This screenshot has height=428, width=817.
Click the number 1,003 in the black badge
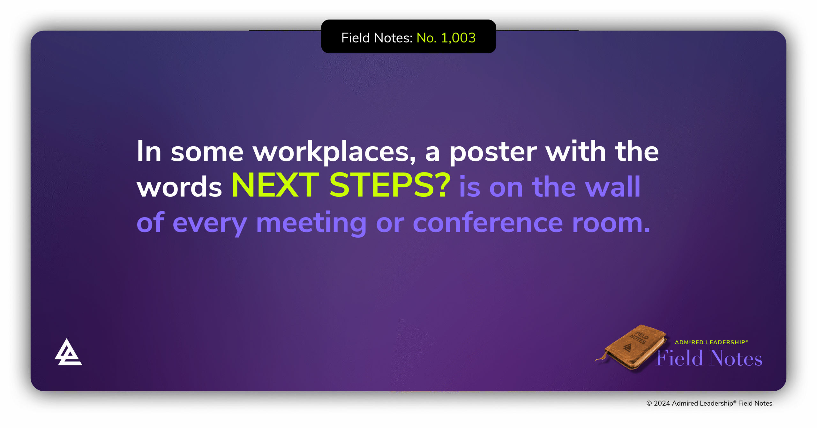(x=458, y=38)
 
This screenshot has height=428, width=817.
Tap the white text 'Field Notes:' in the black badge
(x=377, y=38)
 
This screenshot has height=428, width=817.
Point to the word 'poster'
(x=493, y=153)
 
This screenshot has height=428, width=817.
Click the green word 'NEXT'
(x=275, y=185)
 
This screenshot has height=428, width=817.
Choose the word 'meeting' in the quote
(x=311, y=224)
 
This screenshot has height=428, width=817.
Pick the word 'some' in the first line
(x=207, y=153)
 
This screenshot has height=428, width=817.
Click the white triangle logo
(x=68, y=352)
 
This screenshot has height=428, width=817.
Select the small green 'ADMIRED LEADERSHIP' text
(x=711, y=342)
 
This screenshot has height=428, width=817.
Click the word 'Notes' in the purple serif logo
(x=736, y=358)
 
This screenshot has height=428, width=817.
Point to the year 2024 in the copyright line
(x=662, y=403)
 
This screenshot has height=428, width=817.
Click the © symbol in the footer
(x=649, y=403)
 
